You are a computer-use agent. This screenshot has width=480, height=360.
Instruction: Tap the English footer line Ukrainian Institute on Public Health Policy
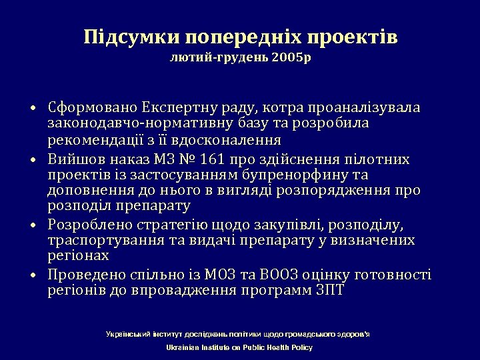(239, 348)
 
